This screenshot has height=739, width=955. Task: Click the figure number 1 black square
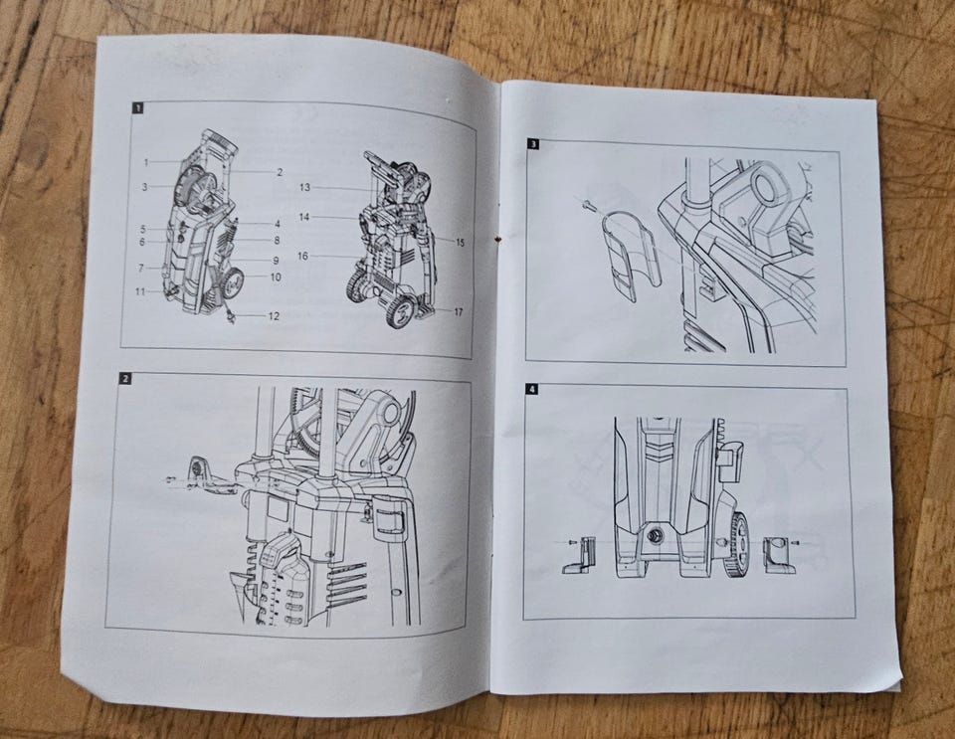[138, 108]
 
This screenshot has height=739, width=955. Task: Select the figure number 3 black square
[533, 144]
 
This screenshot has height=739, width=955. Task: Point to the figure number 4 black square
[531, 390]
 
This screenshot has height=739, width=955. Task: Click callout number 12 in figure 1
[274, 316]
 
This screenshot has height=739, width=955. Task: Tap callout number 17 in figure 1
[458, 311]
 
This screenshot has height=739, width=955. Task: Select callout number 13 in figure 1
[304, 187]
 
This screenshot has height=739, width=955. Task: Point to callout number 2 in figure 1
[280, 172]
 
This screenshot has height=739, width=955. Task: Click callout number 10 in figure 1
[276, 277]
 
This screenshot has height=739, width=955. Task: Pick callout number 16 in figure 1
[302, 257]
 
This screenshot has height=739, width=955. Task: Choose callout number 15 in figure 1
[460, 243]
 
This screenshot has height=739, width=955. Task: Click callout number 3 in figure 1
[145, 187]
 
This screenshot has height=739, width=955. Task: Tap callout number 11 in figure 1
[140, 291]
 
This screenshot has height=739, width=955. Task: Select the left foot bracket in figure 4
[579, 556]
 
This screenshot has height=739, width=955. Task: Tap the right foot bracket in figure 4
[780, 554]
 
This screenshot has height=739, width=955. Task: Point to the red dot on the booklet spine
[498, 239]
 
